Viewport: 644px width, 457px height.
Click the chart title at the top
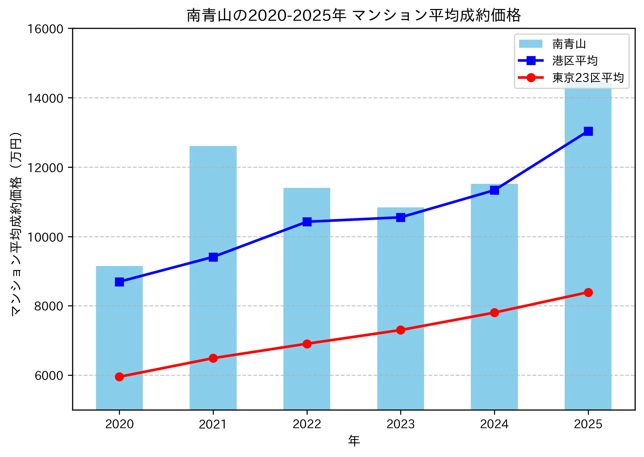click(353, 15)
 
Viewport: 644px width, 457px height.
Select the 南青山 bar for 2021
click(213, 310)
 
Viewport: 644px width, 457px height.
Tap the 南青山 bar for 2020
click(119, 341)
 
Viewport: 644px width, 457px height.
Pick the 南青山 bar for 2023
click(400, 295)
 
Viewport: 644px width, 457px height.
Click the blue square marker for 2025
click(588, 131)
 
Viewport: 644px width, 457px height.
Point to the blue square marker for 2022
click(307, 222)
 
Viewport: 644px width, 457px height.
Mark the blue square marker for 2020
click(119, 282)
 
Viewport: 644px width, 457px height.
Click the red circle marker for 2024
click(494, 313)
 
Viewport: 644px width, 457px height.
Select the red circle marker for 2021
click(213, 358)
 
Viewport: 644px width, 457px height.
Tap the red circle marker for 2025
click(588, 292)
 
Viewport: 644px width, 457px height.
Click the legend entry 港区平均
click(575, 61)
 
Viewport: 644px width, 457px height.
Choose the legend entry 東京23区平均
click(588, 78)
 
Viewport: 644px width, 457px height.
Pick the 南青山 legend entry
click(569, 44)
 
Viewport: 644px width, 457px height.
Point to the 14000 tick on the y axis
click(45, 98)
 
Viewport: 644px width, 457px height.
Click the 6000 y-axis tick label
click(49, 375)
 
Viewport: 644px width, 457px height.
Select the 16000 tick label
click(45, 29)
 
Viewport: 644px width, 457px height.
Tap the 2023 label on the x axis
click(400, 424)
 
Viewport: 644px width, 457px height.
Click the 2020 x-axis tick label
click(119, 424)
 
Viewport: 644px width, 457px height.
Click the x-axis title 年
click(353, 441)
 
